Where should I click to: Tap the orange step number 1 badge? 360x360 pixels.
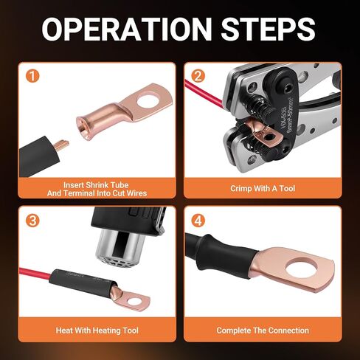point(30,75)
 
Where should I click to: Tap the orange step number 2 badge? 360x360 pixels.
point(198,75)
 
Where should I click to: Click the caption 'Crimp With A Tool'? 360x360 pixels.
point(262,188)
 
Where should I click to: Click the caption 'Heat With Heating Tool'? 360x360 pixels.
point(97,330)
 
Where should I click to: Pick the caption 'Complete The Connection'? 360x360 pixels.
point(262,330)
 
